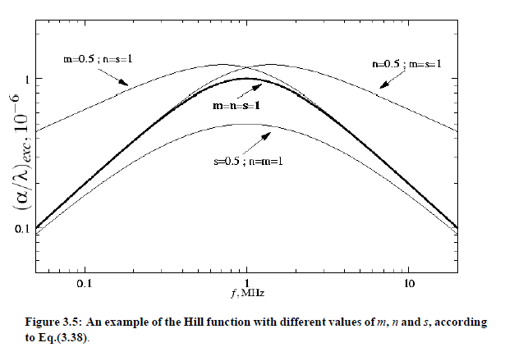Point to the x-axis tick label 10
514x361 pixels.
point(408,284)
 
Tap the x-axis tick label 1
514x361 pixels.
point(246,284)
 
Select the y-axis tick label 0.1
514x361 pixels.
point(25,228)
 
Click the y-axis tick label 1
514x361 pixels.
point(28,79)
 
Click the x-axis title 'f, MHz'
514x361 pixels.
point(246,293)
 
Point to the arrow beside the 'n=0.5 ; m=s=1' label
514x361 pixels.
point(387,80)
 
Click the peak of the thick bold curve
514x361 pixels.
point(246,79)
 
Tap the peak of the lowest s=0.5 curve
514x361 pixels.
point(246,124)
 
